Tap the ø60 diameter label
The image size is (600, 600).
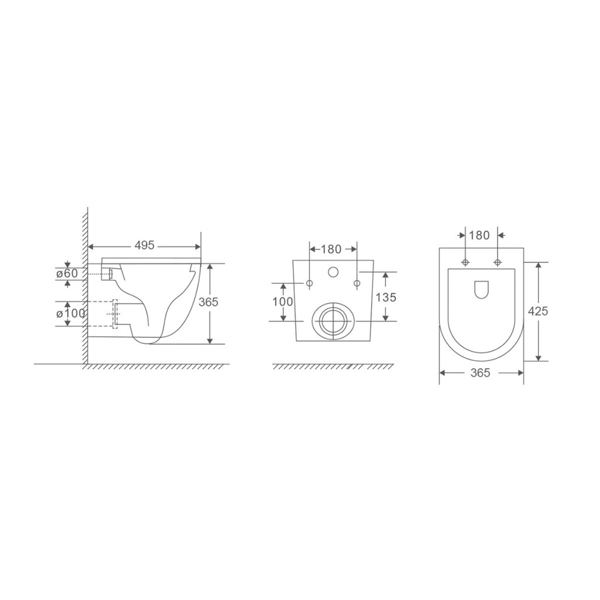(x=67, y=273)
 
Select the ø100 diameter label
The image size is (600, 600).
(x=70, y=313)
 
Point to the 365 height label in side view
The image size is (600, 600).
(x=208, y=302)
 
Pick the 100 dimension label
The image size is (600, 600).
(x=282, y=302)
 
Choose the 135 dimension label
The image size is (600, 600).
(x=386, y=296)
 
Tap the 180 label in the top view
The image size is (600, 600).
(x=479, y=235)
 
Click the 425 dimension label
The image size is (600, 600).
(x=538, y=311)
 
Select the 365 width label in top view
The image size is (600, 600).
(x=480, y=372)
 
